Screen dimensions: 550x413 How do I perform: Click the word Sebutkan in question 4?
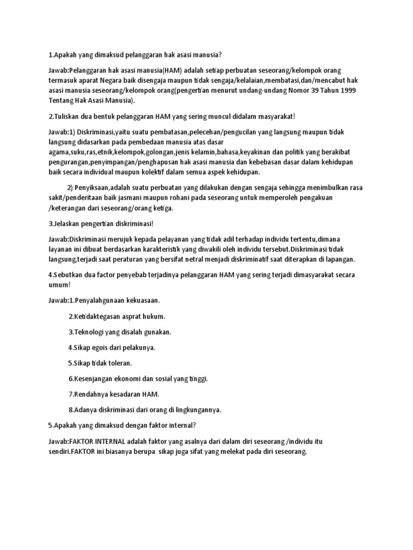click(70, 274)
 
